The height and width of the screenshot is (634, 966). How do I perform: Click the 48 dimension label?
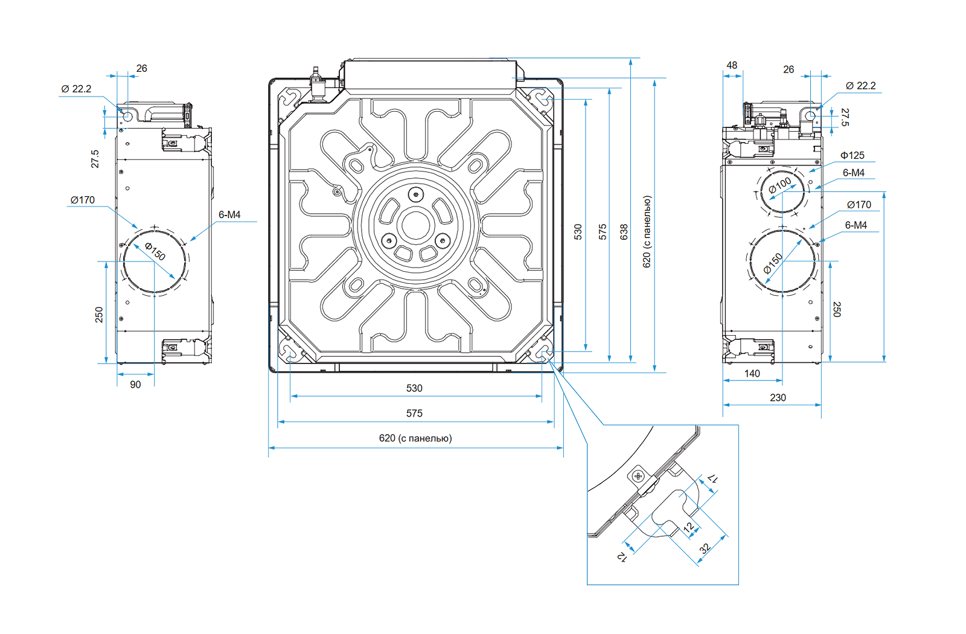tap(732, 65)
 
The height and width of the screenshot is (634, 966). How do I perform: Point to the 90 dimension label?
tap(135, 385)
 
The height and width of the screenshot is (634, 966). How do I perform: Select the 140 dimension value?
tap(752, 374)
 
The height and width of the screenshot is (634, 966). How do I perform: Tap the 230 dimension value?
tap(778, 398)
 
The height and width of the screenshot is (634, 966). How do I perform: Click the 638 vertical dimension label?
tap(624, 232)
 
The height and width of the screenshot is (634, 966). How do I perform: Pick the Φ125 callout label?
tap(852, 156)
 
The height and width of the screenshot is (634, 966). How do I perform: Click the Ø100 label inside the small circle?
tap(780, 185)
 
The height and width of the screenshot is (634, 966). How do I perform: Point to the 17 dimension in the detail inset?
tap(713, 478)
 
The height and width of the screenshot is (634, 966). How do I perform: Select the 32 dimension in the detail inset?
tap(705, 549)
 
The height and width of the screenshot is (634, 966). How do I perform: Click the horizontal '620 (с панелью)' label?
tap(415, 438)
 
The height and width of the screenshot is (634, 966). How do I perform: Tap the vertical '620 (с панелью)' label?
tap(647, 232)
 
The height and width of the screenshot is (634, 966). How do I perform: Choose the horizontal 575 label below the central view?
tap(414, 414)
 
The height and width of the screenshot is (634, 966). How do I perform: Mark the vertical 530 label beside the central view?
tap(578, 232)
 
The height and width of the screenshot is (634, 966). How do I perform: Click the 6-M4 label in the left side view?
tap(229, 215)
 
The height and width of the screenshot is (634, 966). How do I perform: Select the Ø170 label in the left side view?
tap(83, 200)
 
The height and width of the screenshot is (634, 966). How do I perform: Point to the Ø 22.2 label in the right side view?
tap(860, 86)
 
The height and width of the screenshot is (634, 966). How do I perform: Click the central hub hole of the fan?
tap(415, 226)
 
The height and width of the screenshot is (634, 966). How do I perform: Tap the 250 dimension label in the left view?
tap(99, 315)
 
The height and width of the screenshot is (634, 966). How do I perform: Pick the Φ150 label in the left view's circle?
tap(155, 251)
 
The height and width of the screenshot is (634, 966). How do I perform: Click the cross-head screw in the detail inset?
tap(639, 476)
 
